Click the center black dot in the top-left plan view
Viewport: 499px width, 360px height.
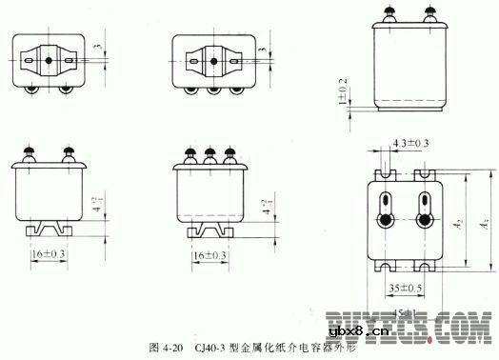click(x=51, y=61)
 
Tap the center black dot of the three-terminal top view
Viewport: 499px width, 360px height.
click(x=210, y=61)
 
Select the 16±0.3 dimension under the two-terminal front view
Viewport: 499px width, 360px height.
click(x=50, y=256)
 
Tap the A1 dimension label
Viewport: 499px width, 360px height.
click(x=485, y=224)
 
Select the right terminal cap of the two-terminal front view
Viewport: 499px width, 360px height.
click(x=68, y=150)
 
